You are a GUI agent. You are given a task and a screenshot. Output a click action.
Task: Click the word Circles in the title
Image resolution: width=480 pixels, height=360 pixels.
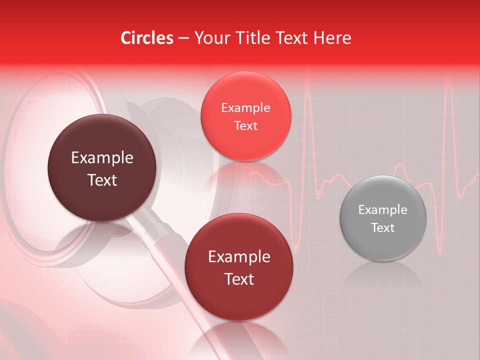coord(147,38)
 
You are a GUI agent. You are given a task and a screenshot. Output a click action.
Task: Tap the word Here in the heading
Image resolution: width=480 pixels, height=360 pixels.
coord(332,38)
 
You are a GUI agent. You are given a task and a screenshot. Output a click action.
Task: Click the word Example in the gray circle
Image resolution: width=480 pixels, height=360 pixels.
coord(382,209)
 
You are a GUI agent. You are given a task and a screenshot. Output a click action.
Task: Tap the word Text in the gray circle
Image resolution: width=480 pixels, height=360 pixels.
coord(382,228)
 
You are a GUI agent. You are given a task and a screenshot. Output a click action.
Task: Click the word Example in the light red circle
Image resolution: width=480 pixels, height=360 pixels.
coord(245,107)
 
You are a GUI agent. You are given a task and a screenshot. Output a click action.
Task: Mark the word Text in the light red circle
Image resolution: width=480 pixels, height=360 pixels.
coord(245,126)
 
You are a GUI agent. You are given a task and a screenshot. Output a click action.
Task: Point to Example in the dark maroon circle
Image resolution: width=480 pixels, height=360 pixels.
coord(102,158)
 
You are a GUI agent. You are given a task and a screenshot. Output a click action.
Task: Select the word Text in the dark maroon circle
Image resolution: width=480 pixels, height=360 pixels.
coord(102,180)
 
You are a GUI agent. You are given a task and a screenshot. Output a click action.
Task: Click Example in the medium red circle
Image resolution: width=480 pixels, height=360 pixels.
coord(239,256)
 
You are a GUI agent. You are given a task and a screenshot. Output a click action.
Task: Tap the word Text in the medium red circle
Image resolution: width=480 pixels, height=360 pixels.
coord(239,279)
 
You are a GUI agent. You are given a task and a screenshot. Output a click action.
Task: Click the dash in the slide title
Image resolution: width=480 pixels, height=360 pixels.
coord(183,38)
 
